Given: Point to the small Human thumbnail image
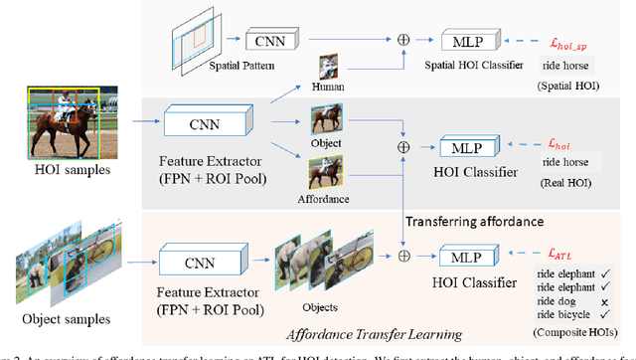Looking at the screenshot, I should coord(329,68).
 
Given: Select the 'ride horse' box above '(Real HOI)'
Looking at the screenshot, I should coord(564,162).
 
